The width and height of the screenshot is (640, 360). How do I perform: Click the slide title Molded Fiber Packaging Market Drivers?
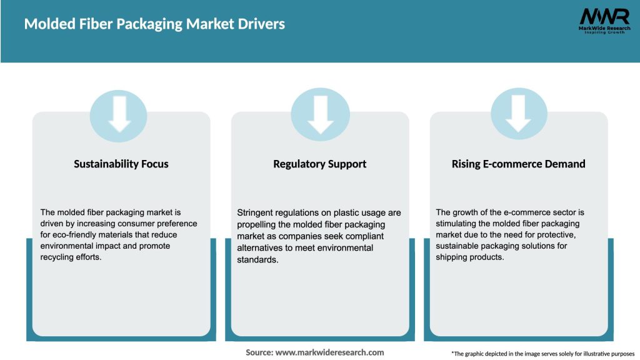coord(154,24)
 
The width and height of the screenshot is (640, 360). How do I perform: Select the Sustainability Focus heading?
coord(121,164)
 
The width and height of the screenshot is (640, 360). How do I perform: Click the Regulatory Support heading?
coord(320,164)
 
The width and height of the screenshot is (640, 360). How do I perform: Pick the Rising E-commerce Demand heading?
coord(519,164)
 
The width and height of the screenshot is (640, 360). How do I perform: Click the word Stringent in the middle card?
coord(255,213)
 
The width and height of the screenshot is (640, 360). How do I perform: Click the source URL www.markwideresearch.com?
coord(329,352)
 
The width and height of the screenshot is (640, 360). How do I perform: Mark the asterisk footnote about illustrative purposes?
coord(542,354)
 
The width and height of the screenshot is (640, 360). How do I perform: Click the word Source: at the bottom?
coord(259,352)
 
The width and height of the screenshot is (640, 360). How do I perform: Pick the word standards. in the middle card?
coord(258,259)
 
